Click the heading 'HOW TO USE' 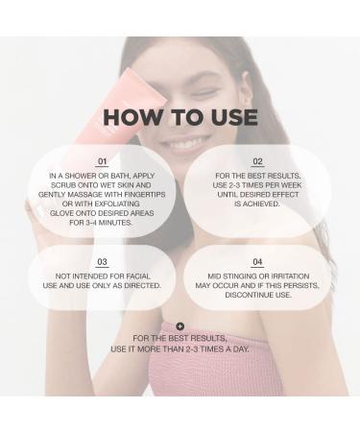180,117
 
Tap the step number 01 103,162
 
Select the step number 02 257,162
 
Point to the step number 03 103,262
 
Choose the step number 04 257,262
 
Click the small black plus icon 180,327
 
